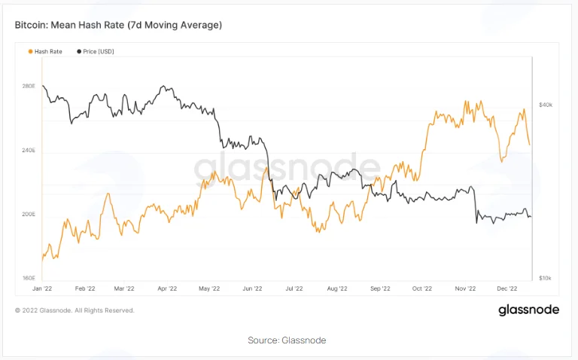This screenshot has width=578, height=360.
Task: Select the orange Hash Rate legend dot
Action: point(31,52)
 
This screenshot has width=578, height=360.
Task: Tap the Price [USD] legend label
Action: point(99,52)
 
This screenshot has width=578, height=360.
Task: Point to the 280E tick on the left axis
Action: point(29,87)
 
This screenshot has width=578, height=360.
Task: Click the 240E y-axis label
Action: point(29,151)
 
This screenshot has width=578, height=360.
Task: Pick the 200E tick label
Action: point(29,215)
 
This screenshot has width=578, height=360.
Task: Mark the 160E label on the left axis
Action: point(29,278)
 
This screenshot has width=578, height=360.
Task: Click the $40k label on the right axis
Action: point(546,105)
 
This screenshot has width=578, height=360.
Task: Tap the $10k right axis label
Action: point(545,278)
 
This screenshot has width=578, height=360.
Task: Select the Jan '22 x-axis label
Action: point(42,288)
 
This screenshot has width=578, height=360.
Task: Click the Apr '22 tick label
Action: point(167,288)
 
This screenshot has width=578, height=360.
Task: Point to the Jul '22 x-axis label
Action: point(294,288)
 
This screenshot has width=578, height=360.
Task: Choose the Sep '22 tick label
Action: point(380,288)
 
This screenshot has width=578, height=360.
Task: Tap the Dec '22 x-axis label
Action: point(507,288)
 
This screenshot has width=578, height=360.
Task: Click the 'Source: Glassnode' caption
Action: point(287,340)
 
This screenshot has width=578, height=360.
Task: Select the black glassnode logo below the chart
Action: point(529,310)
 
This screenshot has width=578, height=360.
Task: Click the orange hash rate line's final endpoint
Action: point(530,145)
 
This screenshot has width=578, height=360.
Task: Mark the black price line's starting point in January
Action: point(43,86)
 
